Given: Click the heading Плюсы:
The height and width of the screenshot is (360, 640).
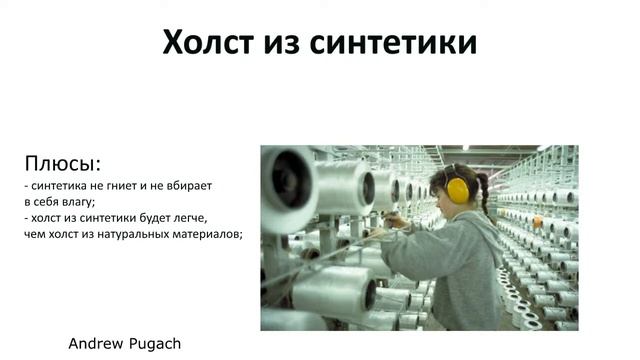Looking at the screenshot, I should (63, 163).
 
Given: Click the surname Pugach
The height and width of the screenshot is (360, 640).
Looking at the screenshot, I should (155, 343).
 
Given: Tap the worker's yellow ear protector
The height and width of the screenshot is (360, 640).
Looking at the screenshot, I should (458, 189).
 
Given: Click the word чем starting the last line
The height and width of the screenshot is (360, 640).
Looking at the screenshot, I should (35, 235).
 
